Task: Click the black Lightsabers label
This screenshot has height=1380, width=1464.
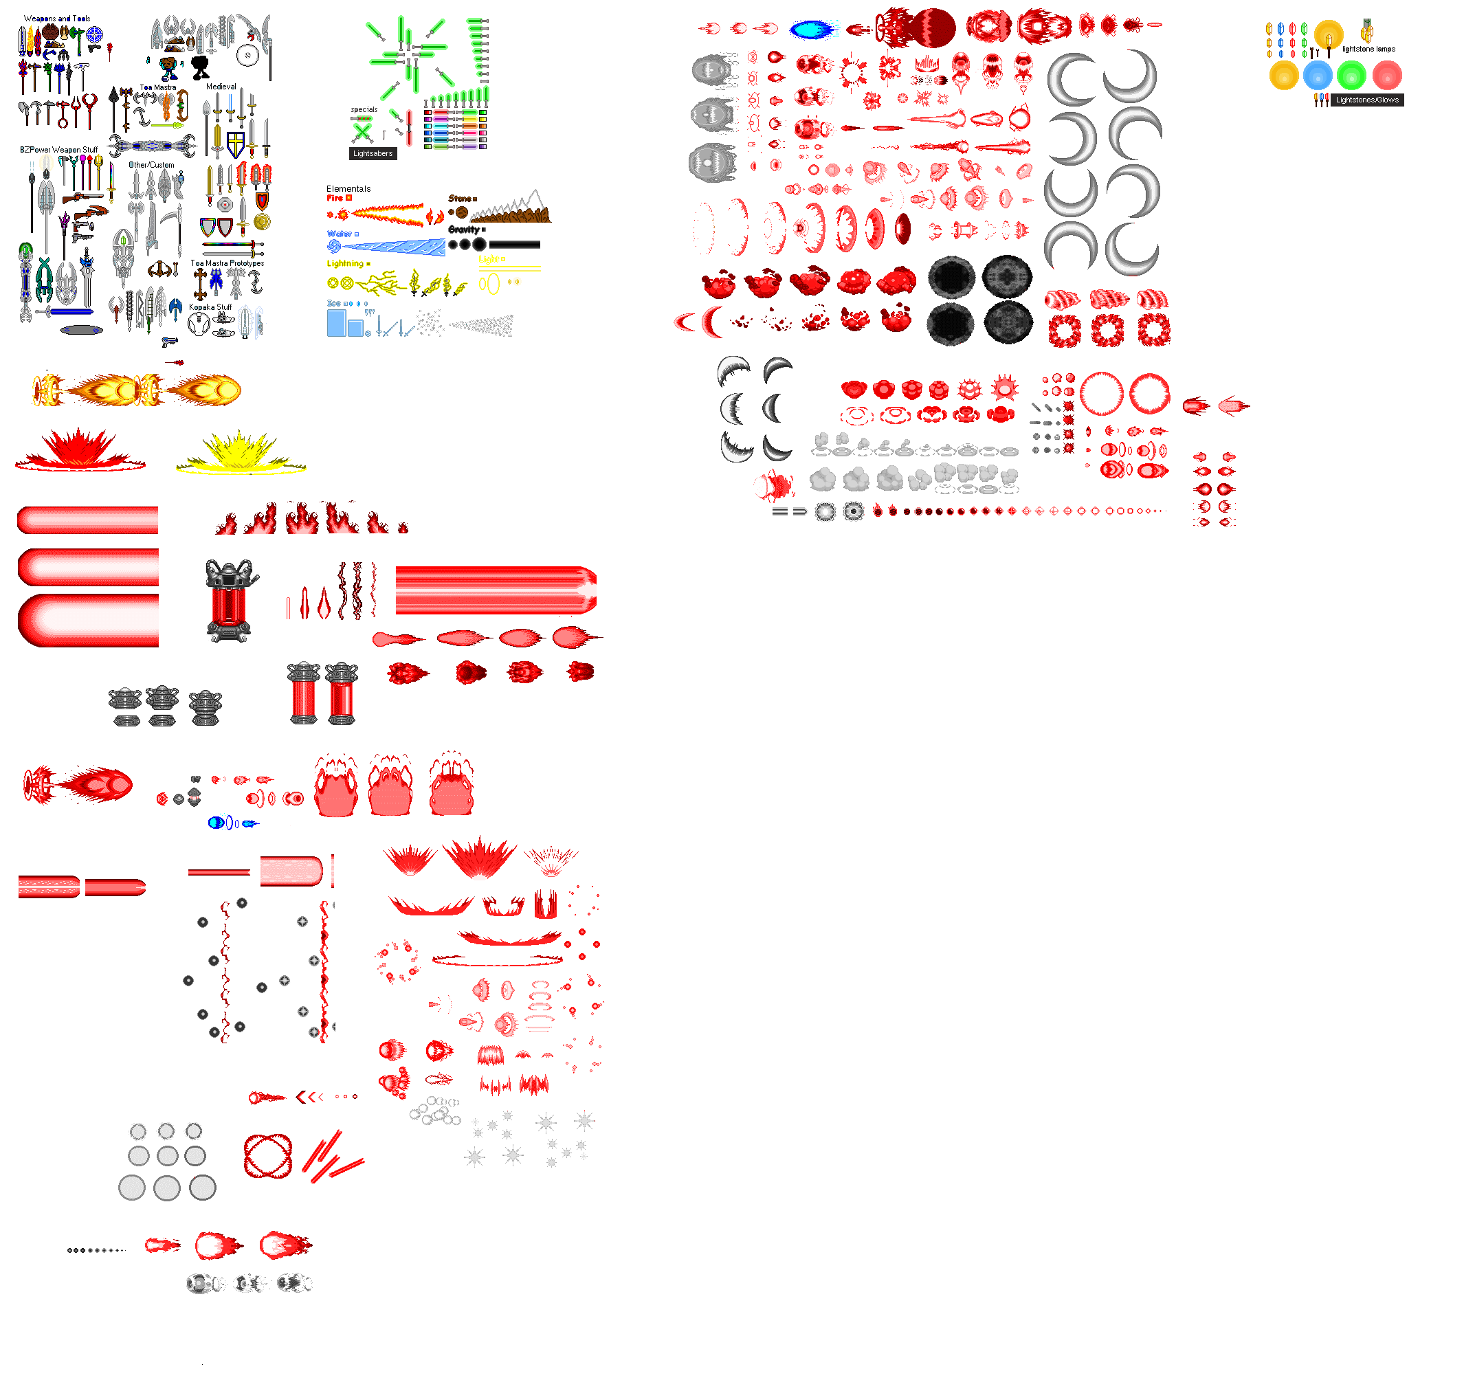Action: click(x=373, y=154)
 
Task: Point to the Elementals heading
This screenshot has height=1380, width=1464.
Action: click(x=348, y=189)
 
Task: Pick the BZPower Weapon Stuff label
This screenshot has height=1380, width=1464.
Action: click(x=58, y=151)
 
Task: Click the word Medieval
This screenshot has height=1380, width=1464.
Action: click(x=221, y=87)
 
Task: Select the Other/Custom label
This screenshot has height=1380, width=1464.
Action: click(x=152, y=166)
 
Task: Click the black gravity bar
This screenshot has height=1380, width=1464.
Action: click(x=514, y=245)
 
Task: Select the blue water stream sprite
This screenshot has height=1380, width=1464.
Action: click(x=394, y=247)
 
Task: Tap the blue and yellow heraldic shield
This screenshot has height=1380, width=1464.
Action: click(x=236, y=144)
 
